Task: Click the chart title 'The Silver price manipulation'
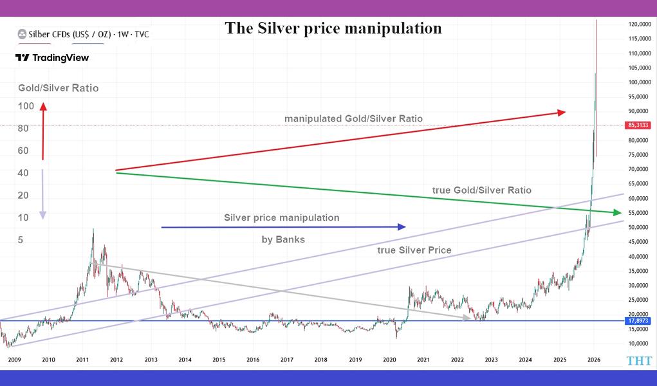click(x=333, y=28)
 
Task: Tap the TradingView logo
click(x=52, y=58)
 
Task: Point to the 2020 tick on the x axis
click(x=389, y=360)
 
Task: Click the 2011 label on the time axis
click(x=82, y=360)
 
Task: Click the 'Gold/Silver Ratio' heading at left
click(x=57, y=88)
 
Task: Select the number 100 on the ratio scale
click(x=25, y=106)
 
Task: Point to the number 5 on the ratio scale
click(x=21, y=240)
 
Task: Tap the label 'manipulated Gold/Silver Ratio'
click(x=353, y=119)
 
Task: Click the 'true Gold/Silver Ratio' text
click(x=482, y=190)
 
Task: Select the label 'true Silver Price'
click(x=414, y=250)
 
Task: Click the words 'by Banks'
click(x=282, y=239)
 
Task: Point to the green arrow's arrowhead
click(x=616, y=213)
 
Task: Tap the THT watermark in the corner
click(x=639, y=362)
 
